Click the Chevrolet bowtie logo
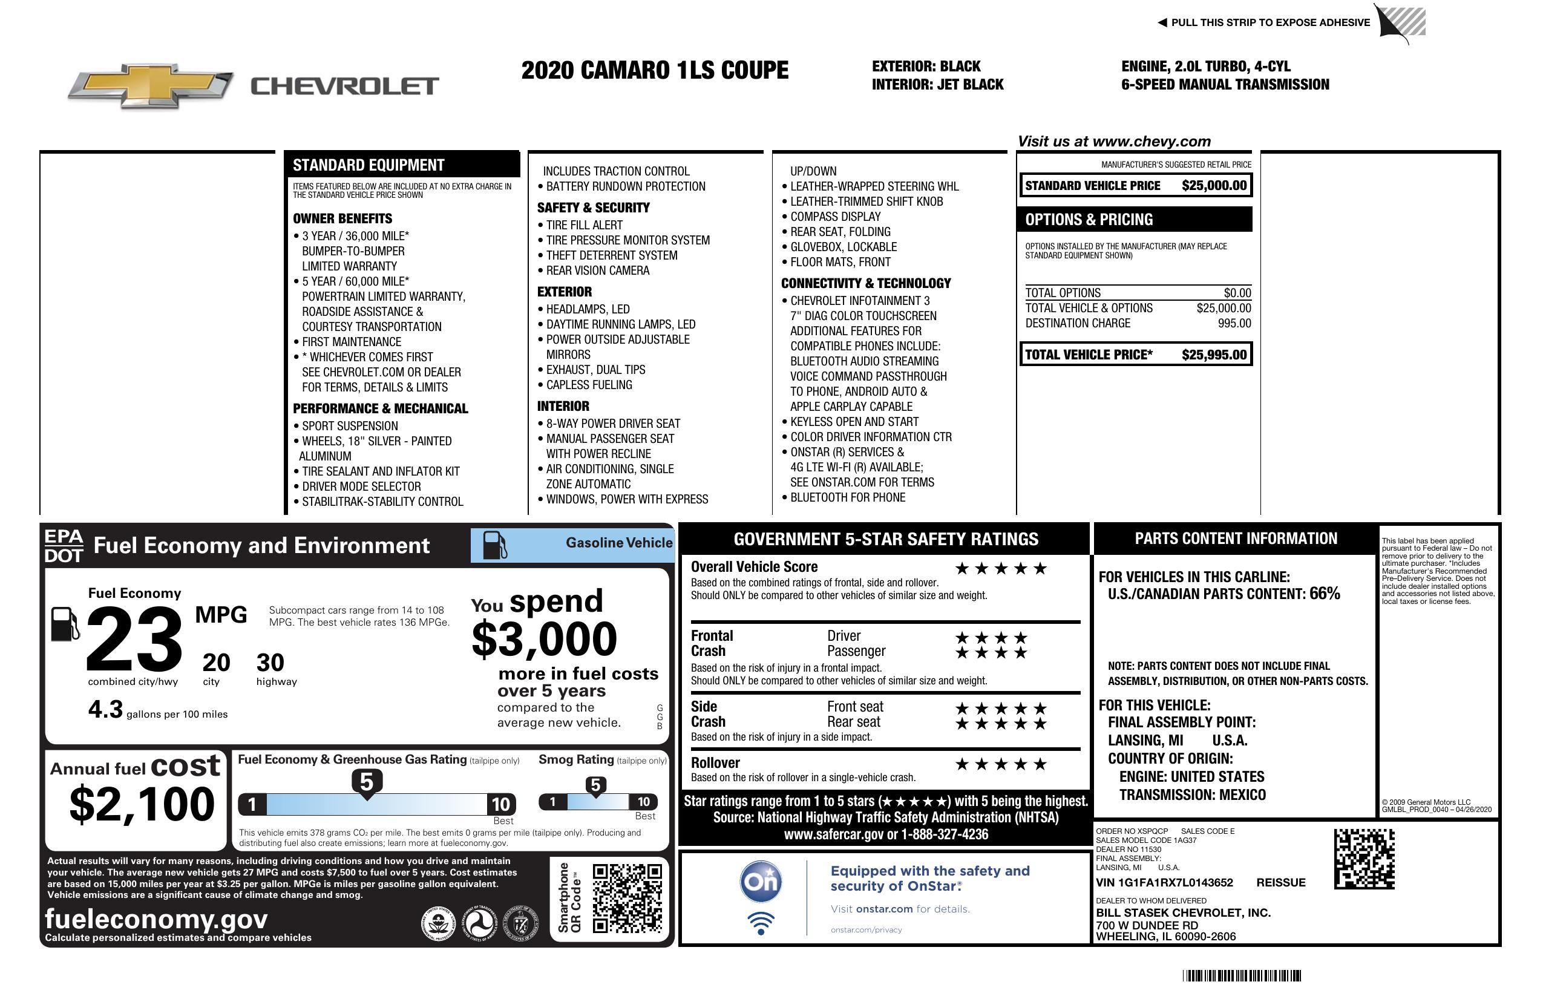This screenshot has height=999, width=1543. click(x=151, y=86)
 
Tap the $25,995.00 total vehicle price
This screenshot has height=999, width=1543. click(x=1214, y=355)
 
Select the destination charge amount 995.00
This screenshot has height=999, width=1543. click(x=1234, y=323)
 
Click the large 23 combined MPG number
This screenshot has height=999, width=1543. click(x=134, y=639)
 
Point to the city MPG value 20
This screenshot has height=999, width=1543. click(x=216, y=663)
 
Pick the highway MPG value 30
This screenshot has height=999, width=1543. click(x=270, y=663)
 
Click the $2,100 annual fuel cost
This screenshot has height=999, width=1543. click(x=142, y=804)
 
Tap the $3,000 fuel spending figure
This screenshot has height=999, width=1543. click(x=544, y=639)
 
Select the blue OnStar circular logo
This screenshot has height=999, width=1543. click(x=761, y=882)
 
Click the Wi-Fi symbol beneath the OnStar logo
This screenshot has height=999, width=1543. click(x=761, y=923)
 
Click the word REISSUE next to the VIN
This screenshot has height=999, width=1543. click(x=1280, y=882)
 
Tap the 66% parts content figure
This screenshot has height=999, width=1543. click(x=1324, y=593)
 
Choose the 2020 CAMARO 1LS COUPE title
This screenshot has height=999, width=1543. click(x=654, y=70)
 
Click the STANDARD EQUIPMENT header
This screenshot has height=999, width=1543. click(x=369, y=165)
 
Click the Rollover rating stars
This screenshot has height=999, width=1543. click(x=1000, y=764)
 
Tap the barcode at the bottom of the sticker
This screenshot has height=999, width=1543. click(x=1241, y=975)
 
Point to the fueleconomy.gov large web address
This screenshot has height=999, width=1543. click(x=156, y=919)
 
